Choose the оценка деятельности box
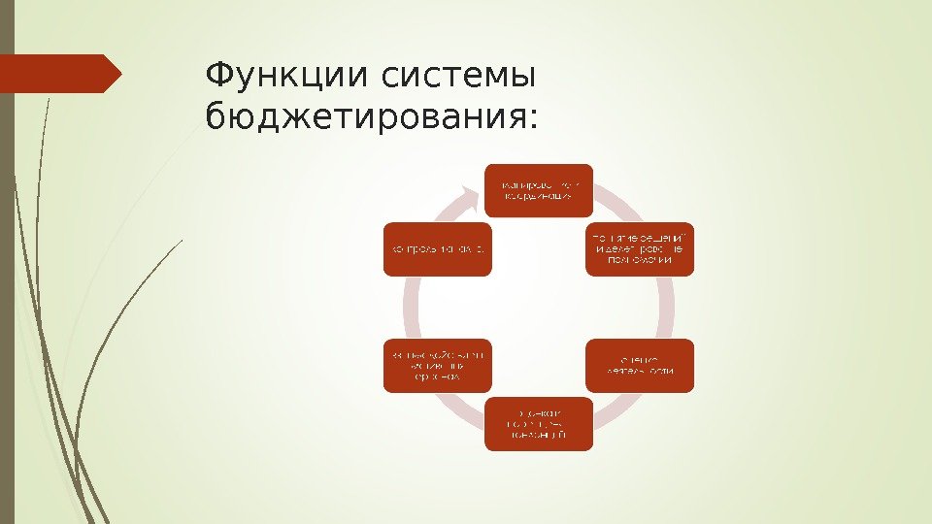point(640,365)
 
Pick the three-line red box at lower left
point(438,365)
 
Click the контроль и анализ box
point(438,250)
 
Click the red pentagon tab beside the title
point(60,74)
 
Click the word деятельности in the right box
point(640,373)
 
